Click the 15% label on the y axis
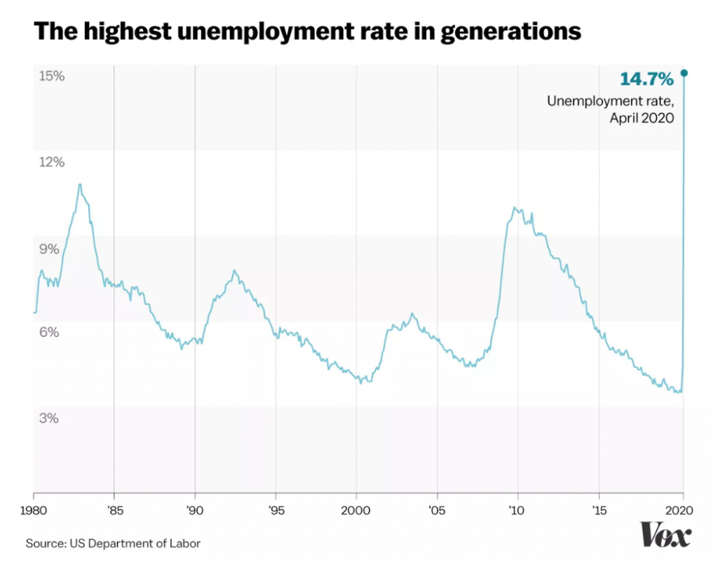tap(50, 76)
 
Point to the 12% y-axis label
tap(50, 162)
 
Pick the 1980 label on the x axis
tap(34, 509)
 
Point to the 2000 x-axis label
tap(356, 509)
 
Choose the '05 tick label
tap(438, 509)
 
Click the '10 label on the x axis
tap(518, 509)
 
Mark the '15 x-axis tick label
tap(599, 509)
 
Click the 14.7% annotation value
tap(646, 78)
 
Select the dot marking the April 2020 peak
tap(684, 73)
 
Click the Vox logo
tap(665, 536)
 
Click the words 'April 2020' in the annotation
tap(642, 118)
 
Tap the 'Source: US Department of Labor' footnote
tap(113, 543)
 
